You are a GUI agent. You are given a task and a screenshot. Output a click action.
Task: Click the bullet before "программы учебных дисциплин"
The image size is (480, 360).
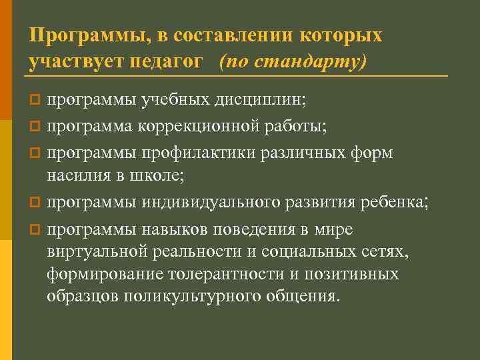point(37,101)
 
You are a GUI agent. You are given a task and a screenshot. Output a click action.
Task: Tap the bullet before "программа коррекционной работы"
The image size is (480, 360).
point(37,124)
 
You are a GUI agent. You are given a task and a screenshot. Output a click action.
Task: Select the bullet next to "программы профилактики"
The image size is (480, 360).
point(37,153)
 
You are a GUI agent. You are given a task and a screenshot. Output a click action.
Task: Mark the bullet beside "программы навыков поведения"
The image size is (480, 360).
point(37,229)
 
